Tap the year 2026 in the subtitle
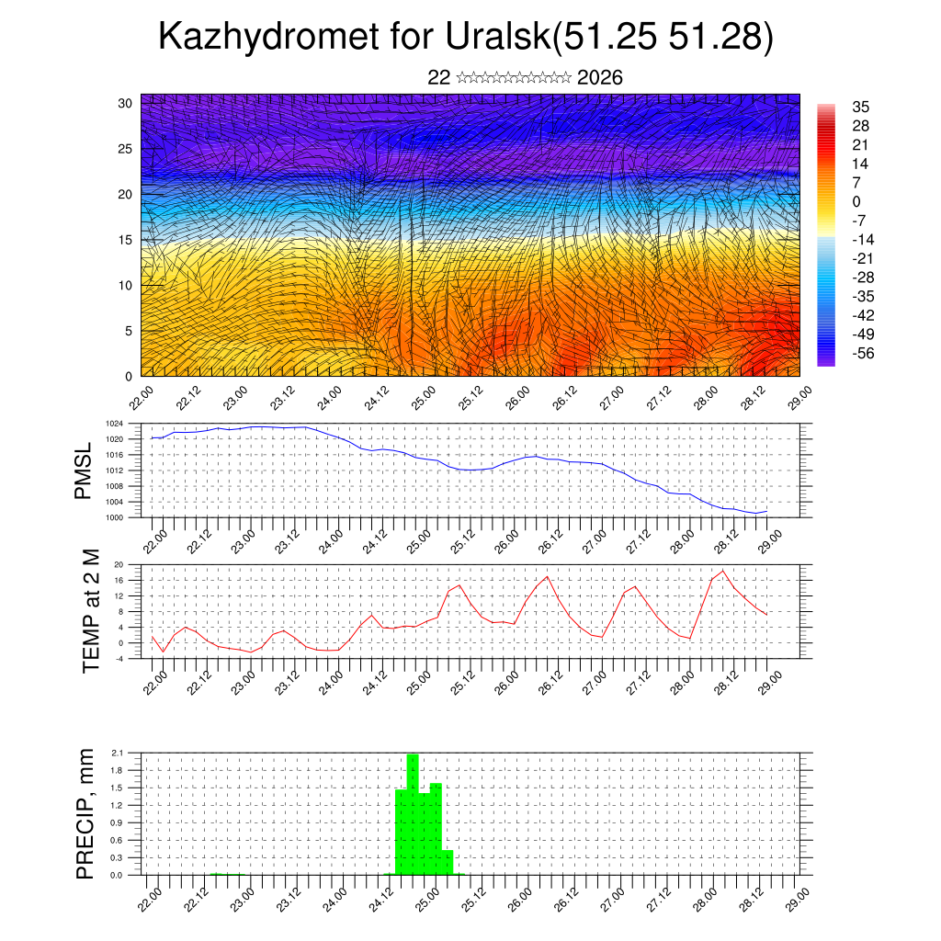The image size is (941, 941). click(600, 78)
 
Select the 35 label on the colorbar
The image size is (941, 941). click(860, 107)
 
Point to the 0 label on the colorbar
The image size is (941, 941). click(856, 201)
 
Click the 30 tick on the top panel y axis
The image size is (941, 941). click(126, 103)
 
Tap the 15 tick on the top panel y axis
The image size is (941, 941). click(126, 240)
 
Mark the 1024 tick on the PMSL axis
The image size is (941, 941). click(114, 424)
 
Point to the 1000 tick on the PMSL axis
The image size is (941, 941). click(114, 517)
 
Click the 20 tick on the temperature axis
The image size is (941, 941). click(119, 564)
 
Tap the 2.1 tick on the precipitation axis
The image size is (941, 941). click(117, 753)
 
